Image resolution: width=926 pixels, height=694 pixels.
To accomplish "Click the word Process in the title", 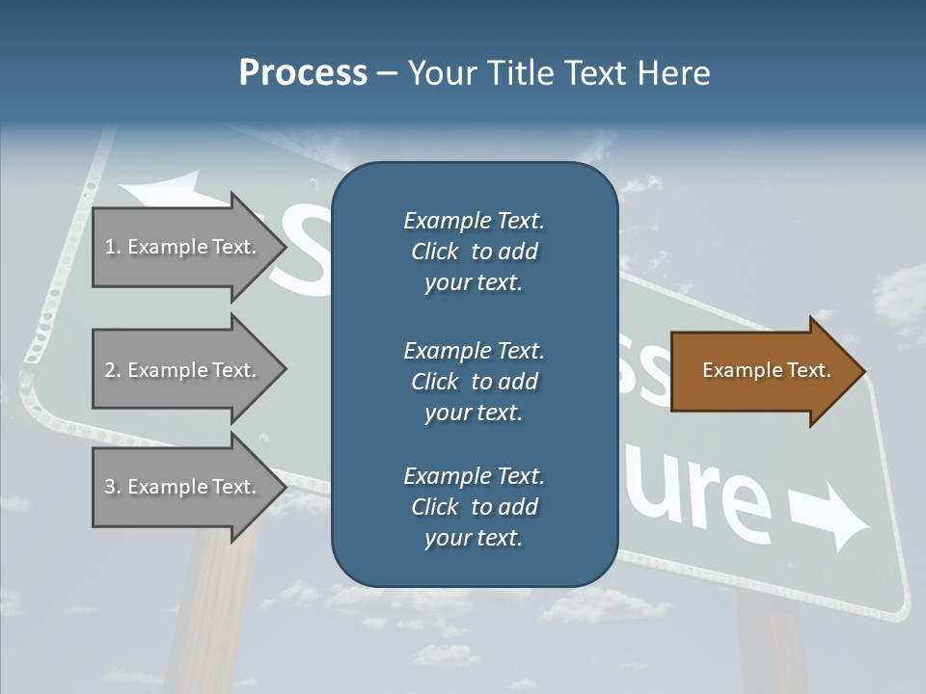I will [303, 72].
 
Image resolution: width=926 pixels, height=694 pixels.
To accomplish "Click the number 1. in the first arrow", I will [113, 247].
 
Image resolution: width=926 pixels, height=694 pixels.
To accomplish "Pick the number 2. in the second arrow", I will [113, 370].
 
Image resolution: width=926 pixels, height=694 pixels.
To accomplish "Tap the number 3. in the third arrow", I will [113, 487].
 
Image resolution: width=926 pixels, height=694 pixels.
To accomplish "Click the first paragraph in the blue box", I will [474, 252].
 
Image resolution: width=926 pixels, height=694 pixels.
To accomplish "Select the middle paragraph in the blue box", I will [474, 381].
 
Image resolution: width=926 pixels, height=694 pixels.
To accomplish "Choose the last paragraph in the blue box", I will [474, 507].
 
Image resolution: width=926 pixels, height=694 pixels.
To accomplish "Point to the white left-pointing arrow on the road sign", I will [164, 190].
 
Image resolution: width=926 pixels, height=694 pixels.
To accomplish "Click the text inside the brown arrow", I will [767, 370].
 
